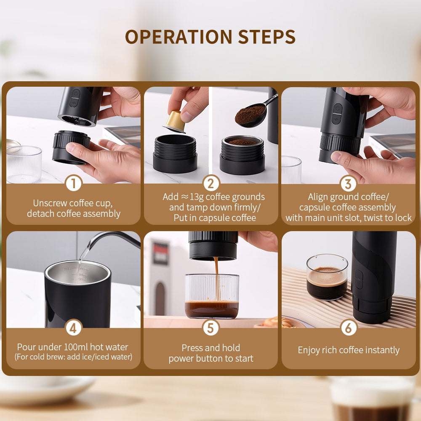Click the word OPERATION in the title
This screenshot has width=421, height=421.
(179, 37)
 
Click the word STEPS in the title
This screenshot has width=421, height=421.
(267, 37)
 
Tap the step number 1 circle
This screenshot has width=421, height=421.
(74, 184)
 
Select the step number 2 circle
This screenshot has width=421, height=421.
(211, 184)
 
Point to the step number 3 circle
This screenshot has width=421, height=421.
(348, 184)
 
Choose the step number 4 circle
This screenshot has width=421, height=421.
(74, 328)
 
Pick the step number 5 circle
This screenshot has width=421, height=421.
(211, 328)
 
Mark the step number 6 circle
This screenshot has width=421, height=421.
(348, 328)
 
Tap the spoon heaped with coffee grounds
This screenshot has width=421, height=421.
(252, 115)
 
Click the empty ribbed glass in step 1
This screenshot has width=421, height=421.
(24, 164)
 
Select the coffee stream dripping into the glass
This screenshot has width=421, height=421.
(216, 278)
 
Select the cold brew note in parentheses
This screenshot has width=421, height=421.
(73, 357)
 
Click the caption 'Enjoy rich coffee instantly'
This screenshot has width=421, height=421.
(348, 350)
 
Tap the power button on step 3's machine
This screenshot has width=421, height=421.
(337, 109)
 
